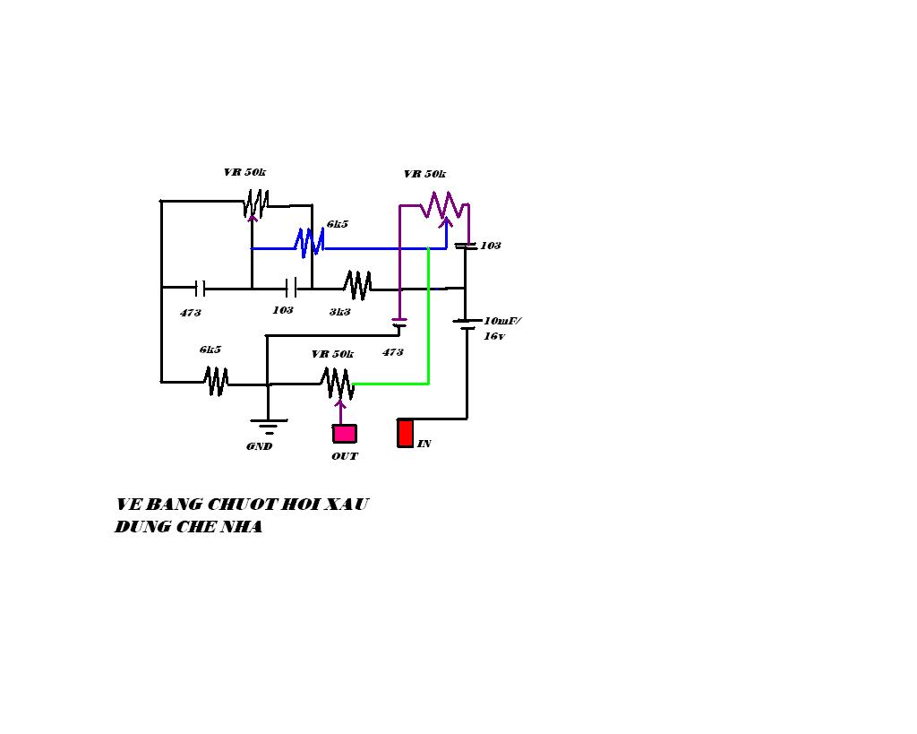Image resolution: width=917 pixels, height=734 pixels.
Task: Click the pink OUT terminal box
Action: (x=345, y=434)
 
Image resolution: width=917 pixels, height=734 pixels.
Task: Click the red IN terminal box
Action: (x=406, y=433)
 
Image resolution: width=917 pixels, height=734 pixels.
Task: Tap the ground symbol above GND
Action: (x=269, y=427)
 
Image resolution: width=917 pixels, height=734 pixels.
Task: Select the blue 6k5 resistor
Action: (x=309, y=243)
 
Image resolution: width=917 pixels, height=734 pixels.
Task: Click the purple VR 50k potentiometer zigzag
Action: (x=444, y=205)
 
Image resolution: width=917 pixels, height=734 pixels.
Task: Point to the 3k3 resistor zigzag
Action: (x=357, y=285)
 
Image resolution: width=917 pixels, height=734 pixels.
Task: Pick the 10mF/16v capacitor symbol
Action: (x=466, y=324)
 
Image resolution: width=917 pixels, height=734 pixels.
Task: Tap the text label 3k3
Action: (x=339, y=312)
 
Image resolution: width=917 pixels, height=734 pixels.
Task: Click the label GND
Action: (x=259, y=446)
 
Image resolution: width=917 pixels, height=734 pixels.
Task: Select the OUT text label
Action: (x=345, y=456)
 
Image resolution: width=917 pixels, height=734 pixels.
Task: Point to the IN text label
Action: (x=424, y=445)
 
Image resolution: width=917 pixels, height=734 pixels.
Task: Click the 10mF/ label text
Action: (x=502, y=321)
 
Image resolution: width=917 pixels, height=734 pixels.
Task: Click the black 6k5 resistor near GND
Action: (x=216, y=381)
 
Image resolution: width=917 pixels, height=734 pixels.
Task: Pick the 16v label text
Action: (x=494, y=337)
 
